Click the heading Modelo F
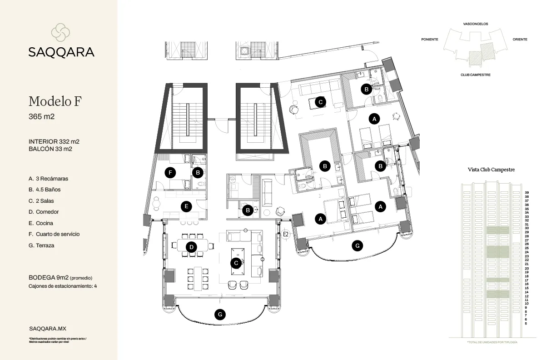click(x=55, y=101)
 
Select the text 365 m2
click(x=41, y=117)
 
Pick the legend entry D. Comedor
click(x=44, y=212)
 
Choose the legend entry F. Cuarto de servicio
click(x=54, y=234)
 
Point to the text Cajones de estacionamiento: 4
click(x=63, y=286)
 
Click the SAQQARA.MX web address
click(x=48, y=328)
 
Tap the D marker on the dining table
click(x=192, y=247)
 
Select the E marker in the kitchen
click(x=185, y=206)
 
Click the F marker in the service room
click(x=170, y=172)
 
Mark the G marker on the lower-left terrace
click(x=219, y=315)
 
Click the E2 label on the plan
click(x=286, y=234)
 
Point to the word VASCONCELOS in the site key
click(x=476, y=24)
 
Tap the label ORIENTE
click(x=520, y=40)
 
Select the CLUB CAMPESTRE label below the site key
click(x=475, y=75)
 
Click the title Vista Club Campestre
click(x=491, y=170)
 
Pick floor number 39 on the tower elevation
click(x=526, y=192)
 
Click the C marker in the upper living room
click(x=320, y=102)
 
